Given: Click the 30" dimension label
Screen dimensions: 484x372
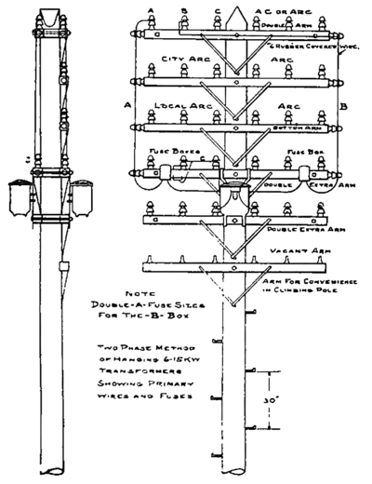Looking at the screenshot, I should click(270, 397).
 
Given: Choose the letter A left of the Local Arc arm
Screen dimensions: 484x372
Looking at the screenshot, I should click(126, 105).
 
